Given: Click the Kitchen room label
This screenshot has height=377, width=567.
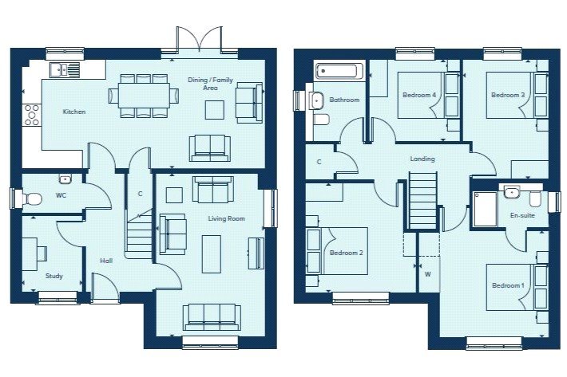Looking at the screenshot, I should click(74, 112).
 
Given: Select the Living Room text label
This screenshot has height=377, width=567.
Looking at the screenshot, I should click(226, 218).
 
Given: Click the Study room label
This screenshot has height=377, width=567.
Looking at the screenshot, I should click(54, 277).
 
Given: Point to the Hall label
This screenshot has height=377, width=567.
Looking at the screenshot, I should click(106, 261).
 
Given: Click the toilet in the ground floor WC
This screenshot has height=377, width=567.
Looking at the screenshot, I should click(32, 198).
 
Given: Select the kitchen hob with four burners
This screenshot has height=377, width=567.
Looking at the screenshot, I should click(33, 116).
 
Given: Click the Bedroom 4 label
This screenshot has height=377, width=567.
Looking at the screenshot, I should click(419, 96).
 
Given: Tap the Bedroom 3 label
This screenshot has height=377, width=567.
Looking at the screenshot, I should click(508, 96).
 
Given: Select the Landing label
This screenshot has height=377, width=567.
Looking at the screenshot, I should click(422, 159).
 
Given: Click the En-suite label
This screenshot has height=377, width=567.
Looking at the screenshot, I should click(522, 215).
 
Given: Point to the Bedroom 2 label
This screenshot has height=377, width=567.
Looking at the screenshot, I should click(347, 253).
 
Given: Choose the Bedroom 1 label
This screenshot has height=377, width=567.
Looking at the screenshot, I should click(508, 285).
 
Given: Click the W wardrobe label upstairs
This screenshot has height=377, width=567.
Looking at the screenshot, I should click(428, 275).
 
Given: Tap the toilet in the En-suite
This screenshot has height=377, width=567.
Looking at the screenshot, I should click(535, 198).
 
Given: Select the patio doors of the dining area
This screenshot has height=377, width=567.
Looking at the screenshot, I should click(197, 40).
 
